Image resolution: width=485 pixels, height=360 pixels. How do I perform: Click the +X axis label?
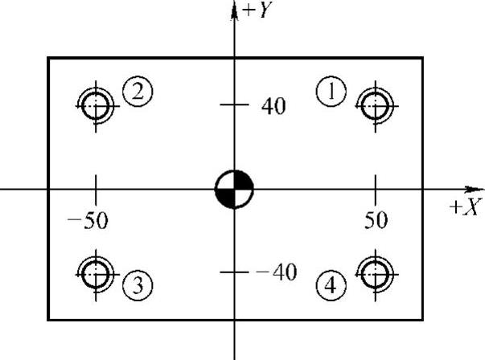click(465, 207)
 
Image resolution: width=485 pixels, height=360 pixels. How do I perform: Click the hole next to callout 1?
click(375, 103)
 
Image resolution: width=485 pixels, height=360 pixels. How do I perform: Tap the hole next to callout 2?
click(96, 103)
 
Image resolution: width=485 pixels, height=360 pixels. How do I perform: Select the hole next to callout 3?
click(96, 273)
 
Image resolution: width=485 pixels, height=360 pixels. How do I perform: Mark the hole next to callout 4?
click(375, 273)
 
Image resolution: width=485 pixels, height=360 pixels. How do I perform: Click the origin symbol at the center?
click(234, 190)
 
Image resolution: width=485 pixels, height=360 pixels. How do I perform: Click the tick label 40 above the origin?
click(273, 105)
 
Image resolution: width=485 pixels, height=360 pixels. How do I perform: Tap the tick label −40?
click(274, 272)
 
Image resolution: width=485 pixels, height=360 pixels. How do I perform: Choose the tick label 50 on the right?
click(376, 220)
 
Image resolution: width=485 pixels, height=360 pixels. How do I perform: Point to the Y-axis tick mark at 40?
click(234, 104)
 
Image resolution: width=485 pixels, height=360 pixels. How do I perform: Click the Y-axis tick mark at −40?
click(234, 272)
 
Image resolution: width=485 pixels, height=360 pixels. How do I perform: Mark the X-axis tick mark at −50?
click(96, 190)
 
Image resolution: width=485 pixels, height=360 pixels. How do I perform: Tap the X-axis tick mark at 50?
click(375, 190)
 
